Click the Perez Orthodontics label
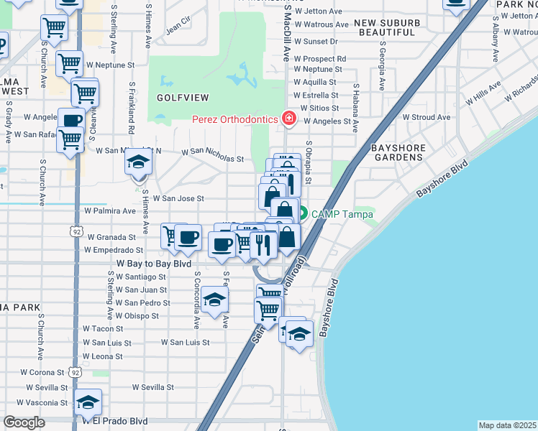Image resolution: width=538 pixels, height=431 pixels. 234,119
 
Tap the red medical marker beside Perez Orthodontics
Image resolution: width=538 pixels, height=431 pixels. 289,118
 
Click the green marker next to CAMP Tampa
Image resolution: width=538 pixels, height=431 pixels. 304,213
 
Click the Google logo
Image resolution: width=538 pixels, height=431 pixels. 24,422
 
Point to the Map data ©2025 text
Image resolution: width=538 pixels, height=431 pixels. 506,425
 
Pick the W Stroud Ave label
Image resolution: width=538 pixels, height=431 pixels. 426,116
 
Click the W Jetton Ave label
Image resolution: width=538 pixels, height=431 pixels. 318,11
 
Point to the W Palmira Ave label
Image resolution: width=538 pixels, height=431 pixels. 109,211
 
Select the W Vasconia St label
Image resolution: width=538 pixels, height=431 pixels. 45,403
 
